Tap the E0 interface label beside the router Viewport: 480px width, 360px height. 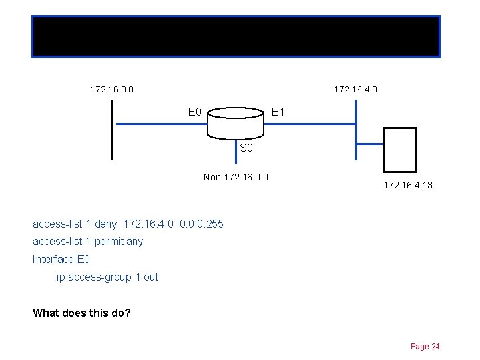click(195, 112)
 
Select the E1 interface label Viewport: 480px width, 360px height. click(278, 112)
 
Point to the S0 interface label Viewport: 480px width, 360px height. click(246, 148)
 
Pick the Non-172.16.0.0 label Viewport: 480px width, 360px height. click(236, 177)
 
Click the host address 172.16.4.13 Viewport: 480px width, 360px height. click(408, 185)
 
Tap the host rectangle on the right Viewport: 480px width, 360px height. click(399, 150)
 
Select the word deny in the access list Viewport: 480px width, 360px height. click(105, 224)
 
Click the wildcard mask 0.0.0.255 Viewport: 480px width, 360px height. click(202, 224)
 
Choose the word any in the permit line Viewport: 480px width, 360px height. click(134, 242)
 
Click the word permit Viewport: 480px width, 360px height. click(109, 242)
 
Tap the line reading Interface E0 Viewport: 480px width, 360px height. click(61, 259)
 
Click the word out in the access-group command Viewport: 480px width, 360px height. click(151, 277)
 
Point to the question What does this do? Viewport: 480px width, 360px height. click(82, 312)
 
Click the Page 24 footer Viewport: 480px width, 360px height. click(425, 347)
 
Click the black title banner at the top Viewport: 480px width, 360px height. click(236, 36)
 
